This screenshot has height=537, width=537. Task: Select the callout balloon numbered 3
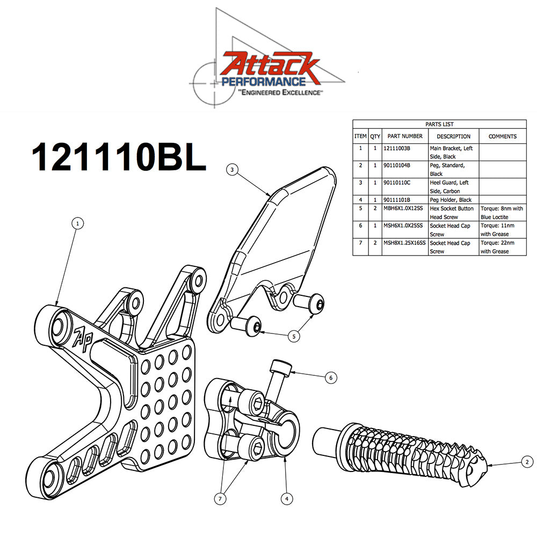click(x=231, y=170)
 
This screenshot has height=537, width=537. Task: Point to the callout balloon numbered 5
click(x=294, y=337)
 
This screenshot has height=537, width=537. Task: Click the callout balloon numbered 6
click(x=331, y=378)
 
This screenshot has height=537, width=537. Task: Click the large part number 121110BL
click(x=118, y=156)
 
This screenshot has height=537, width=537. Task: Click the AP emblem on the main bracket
click(x=82, y=336)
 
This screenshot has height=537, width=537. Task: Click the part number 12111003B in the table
click(x=404, y=148)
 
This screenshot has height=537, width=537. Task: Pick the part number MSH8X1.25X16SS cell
click(x=404, y=243)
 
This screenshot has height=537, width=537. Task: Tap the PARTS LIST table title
click(x=439, y=124)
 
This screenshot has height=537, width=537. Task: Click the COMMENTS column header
click(x=502, y=136)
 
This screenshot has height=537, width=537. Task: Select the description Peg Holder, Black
click(x=451, y=200)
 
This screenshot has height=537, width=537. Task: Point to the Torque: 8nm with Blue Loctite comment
click(x=502, y=213)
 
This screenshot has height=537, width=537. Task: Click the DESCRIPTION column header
click(x=453, y=136)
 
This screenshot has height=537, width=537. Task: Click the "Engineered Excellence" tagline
click(x=280, y=93)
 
